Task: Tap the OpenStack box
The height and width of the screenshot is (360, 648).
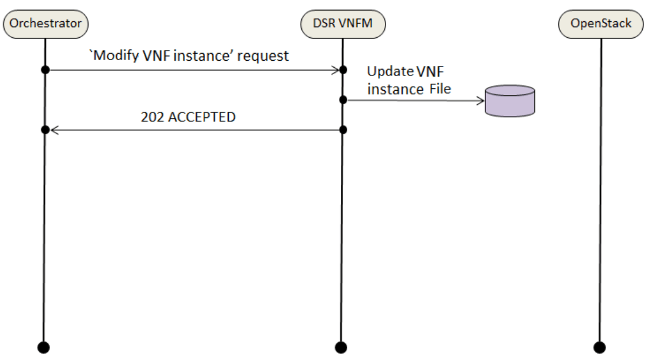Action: tap(601, 24)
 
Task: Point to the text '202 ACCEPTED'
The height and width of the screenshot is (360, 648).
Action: tap(188, 117)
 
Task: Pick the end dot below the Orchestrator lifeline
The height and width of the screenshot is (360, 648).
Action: tap(44, 346)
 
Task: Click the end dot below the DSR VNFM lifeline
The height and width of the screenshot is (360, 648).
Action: tap(340, 346)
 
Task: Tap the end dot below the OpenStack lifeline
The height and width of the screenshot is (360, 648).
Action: tap(600, 346)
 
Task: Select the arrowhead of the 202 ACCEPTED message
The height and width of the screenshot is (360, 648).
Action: tap(53, 130)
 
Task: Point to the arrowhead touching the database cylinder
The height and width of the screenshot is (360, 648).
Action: tap(479, 100)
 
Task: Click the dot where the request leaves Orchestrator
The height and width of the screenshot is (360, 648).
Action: tap(45, 70)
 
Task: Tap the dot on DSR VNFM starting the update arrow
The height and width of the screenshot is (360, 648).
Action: tap(342, 100)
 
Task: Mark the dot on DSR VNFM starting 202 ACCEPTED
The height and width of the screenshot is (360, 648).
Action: tap(342, 129)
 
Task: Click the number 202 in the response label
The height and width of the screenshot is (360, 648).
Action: tap(152, 117)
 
